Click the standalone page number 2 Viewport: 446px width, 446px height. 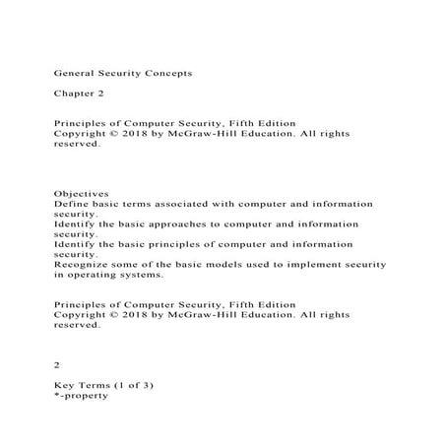coord(56,362)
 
